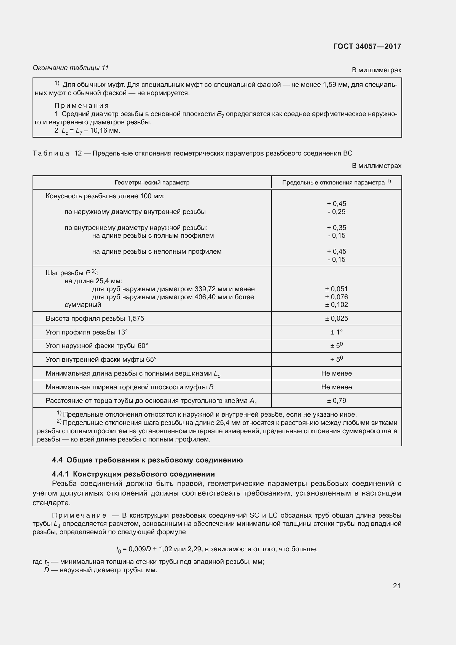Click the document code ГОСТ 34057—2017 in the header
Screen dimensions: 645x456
click(x=367, y=46)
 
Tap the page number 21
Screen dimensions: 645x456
click(x=396, y=586)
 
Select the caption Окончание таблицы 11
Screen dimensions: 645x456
click(x=71, y=68)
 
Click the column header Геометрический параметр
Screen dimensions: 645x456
click(x=152, y=183)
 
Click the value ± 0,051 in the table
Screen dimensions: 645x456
click(x=336, y=289)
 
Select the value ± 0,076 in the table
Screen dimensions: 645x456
click(x=336, y=297)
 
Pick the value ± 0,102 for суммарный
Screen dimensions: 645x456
click(x=336, y=305)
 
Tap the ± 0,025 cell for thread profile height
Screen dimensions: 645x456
click(x=336, y=319)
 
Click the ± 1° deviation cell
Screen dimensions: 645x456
click(x=336, y=332)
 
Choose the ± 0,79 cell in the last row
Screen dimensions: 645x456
click(x=336, y=401)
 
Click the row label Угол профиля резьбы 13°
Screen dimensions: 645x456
click(x=87, y=332)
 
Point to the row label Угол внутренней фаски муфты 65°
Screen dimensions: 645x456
click(x=101, y=360)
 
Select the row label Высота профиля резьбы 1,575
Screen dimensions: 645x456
click(x=95, y=319)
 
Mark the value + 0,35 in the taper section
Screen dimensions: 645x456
click(x=336, y=228)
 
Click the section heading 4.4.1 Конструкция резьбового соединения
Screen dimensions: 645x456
click(x=133, y=474)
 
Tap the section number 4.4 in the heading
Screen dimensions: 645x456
click(x=57, y=460)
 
